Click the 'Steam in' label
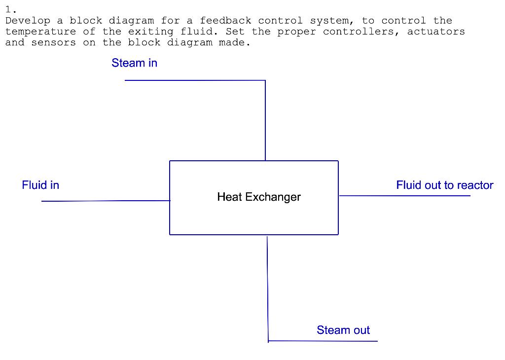pyautogui.click(x=134, y=63)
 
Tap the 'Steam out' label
pyautogui.click(x=343, y=330)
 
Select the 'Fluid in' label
pyautogui.click(x=40, y=185)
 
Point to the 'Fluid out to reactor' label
pyautogui.click(x=444, y=185)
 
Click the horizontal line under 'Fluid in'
pyautogui.click(x=106, y=201)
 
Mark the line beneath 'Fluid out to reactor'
pyautogui.click(x=404, y=196)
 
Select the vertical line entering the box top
pyautogui.click(x=265, y=120)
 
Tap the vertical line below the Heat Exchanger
pyautogui.click(x=268, y=288)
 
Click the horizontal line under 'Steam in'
pyautogui.click(x=195, y=80)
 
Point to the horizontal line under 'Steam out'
pyautogui.click(x=323, y=341)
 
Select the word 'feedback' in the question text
pyautogui.click(x=225, y=21)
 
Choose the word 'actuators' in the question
pyautogui.click(x=435, y=32)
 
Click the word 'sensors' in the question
pyautogui.click(x=54, y=42)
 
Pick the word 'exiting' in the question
pyautogui.click(x=147, y=32)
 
